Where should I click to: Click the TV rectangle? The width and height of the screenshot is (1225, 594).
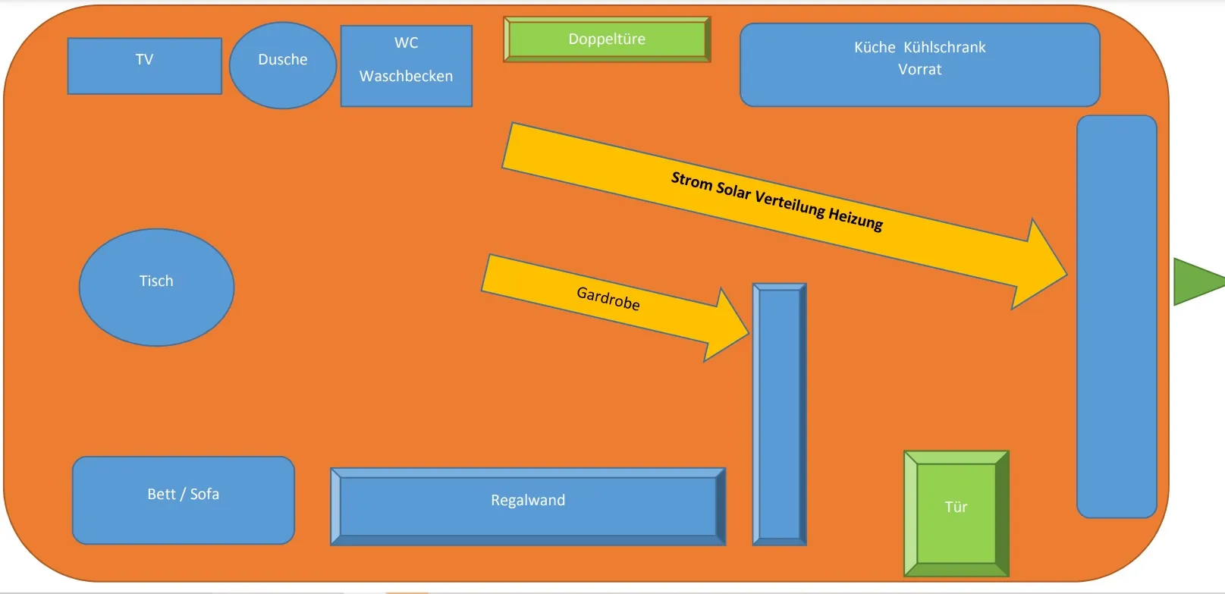pos(144,66)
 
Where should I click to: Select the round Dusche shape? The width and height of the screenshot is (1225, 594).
pos(282,64)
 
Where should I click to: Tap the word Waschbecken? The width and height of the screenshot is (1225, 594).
pos(406,76)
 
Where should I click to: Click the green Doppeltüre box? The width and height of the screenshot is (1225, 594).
pos(607,39)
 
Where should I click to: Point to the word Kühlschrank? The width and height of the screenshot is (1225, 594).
pos(944,47)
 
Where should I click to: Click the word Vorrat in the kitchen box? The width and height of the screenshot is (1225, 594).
pos(919,70)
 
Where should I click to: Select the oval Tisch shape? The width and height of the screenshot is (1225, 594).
pos(156,288)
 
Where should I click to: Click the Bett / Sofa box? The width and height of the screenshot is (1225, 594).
pos(183,500)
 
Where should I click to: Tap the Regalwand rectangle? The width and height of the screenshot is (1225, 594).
pos(528,506)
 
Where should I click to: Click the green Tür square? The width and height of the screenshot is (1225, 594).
pos(956,514)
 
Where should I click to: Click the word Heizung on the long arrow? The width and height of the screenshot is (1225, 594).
pos(856,218)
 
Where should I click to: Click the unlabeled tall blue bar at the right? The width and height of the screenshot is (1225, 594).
pos(1117,316)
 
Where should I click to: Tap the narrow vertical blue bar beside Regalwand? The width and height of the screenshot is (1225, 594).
pos(779,414)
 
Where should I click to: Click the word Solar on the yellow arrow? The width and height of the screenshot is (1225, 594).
pos(733,190)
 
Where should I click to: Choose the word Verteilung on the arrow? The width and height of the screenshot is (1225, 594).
pos(790,203)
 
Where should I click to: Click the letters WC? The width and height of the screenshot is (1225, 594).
pos(406,43)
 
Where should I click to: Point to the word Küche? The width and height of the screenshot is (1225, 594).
pos(875,47)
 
